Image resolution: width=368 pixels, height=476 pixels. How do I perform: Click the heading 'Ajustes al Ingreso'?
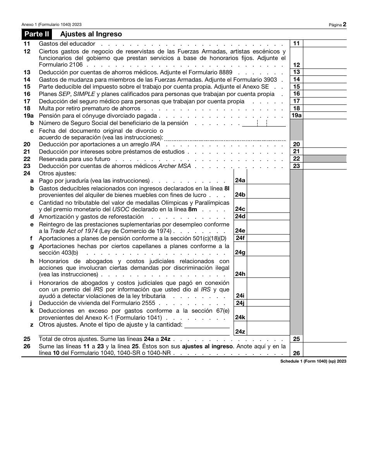click(91, 34)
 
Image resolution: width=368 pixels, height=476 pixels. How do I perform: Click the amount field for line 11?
click(325, 43)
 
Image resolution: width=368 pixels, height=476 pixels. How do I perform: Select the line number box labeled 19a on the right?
click(296, 115)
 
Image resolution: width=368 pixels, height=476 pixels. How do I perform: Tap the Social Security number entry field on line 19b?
click(264, 123)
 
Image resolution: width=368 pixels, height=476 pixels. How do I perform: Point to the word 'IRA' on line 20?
click(155, 144)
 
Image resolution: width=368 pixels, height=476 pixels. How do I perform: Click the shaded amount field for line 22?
click(325, 159)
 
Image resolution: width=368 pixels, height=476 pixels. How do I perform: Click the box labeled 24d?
click(240, 216)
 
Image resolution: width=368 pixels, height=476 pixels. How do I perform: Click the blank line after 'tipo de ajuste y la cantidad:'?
click(207, 325)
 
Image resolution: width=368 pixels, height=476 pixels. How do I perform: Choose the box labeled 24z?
click(240, 331)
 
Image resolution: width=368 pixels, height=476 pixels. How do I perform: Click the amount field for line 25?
click(325, 339)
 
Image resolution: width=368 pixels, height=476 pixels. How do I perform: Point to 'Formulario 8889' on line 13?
click(212, 72)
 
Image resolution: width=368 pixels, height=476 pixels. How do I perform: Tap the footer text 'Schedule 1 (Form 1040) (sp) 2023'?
click(313, 361)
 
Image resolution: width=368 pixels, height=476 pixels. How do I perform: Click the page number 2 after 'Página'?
click(344, 24)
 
